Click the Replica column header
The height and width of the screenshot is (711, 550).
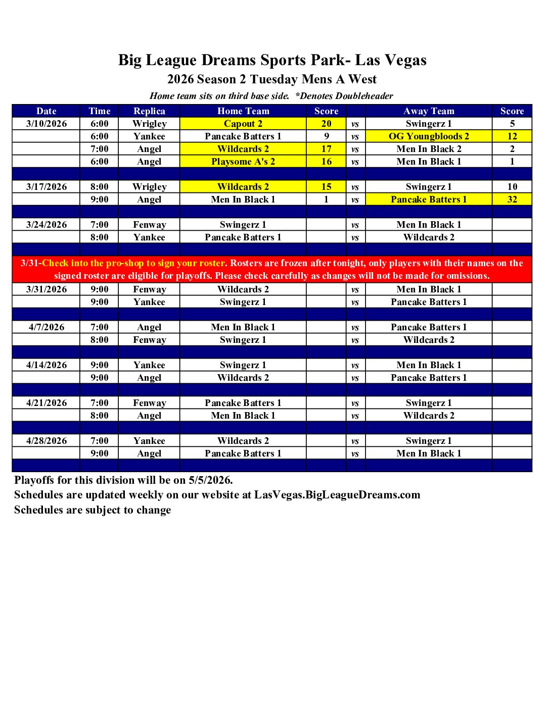tap(149, 111)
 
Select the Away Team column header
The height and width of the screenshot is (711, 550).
tap(429, 111)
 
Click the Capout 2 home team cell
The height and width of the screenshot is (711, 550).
tap(243, 124)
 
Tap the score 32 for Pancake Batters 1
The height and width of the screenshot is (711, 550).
tap(512, 199)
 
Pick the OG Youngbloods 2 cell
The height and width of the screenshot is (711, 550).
tap(429, 136)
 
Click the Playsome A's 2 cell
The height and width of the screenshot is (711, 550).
tap(243, 162)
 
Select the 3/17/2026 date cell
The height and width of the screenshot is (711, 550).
tap(47, 187)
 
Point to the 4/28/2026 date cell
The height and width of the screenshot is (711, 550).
tap(47, 441)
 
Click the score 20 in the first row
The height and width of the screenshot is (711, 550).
tap(327, 124)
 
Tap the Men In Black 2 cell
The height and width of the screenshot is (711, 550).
tap(429, 149)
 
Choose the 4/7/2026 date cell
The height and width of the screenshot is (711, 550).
tap(47, 327)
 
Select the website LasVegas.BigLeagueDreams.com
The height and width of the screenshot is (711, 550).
tap(337, 495)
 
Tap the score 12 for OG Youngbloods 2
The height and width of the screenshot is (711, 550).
tap(512, 136)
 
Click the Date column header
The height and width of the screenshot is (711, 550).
tap(47, 111)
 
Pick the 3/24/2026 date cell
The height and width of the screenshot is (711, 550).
tap(47, 225)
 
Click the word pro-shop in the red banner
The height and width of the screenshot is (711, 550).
tap(124, 263)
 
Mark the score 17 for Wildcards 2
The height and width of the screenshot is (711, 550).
tap(327, 149)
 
